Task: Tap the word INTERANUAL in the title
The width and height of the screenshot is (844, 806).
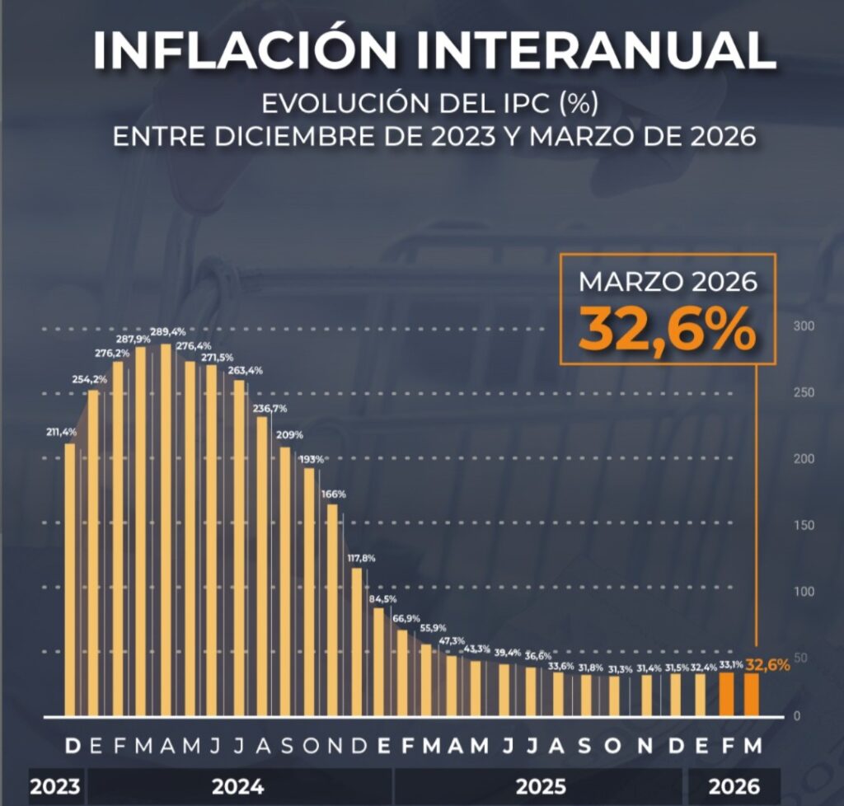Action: point(590,51)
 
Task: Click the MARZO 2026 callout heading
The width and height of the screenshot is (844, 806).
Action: point(667,282)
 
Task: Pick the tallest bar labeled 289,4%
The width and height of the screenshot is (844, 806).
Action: point(166,527)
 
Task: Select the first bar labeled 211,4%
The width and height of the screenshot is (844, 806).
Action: point(70,577)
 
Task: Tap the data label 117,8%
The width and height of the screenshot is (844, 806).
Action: point(362,558)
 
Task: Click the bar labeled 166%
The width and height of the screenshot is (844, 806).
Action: point(332,610)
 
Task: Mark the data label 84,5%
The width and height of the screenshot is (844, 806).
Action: point(382,599)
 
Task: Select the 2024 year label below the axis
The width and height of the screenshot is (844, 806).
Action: point(237,787)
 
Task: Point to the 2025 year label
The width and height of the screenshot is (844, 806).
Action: point(541,787)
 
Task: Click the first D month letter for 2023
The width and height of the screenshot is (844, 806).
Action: point(73,746)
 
